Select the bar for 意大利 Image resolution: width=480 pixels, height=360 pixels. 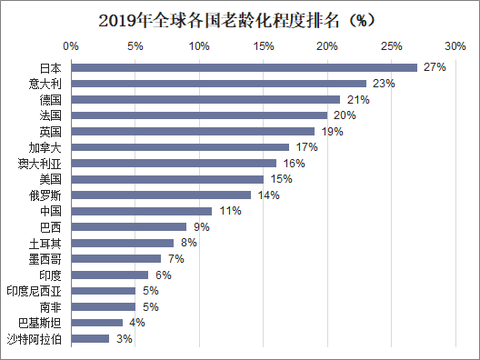coord(218,84)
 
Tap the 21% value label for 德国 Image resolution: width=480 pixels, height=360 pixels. coord(357,99)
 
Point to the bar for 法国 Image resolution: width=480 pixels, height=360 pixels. coord(199,115)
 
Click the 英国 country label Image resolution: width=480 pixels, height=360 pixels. coord(52,132)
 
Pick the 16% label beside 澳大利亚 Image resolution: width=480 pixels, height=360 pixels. coord(294,164)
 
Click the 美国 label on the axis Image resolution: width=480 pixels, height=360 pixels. coord(52,179)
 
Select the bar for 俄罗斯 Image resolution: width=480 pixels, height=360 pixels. coord(161,195)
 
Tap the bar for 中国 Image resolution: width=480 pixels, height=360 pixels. coord(141,211)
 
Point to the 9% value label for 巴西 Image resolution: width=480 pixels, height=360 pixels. coord(201,226)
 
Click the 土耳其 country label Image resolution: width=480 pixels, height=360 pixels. coord(46,243)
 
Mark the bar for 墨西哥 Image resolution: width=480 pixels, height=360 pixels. coord(115,259)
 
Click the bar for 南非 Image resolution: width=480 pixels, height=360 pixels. coord(103,306)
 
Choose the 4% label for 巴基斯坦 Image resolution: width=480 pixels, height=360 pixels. coord(137,323)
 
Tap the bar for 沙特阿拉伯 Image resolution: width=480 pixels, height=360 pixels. coord(90,339)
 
